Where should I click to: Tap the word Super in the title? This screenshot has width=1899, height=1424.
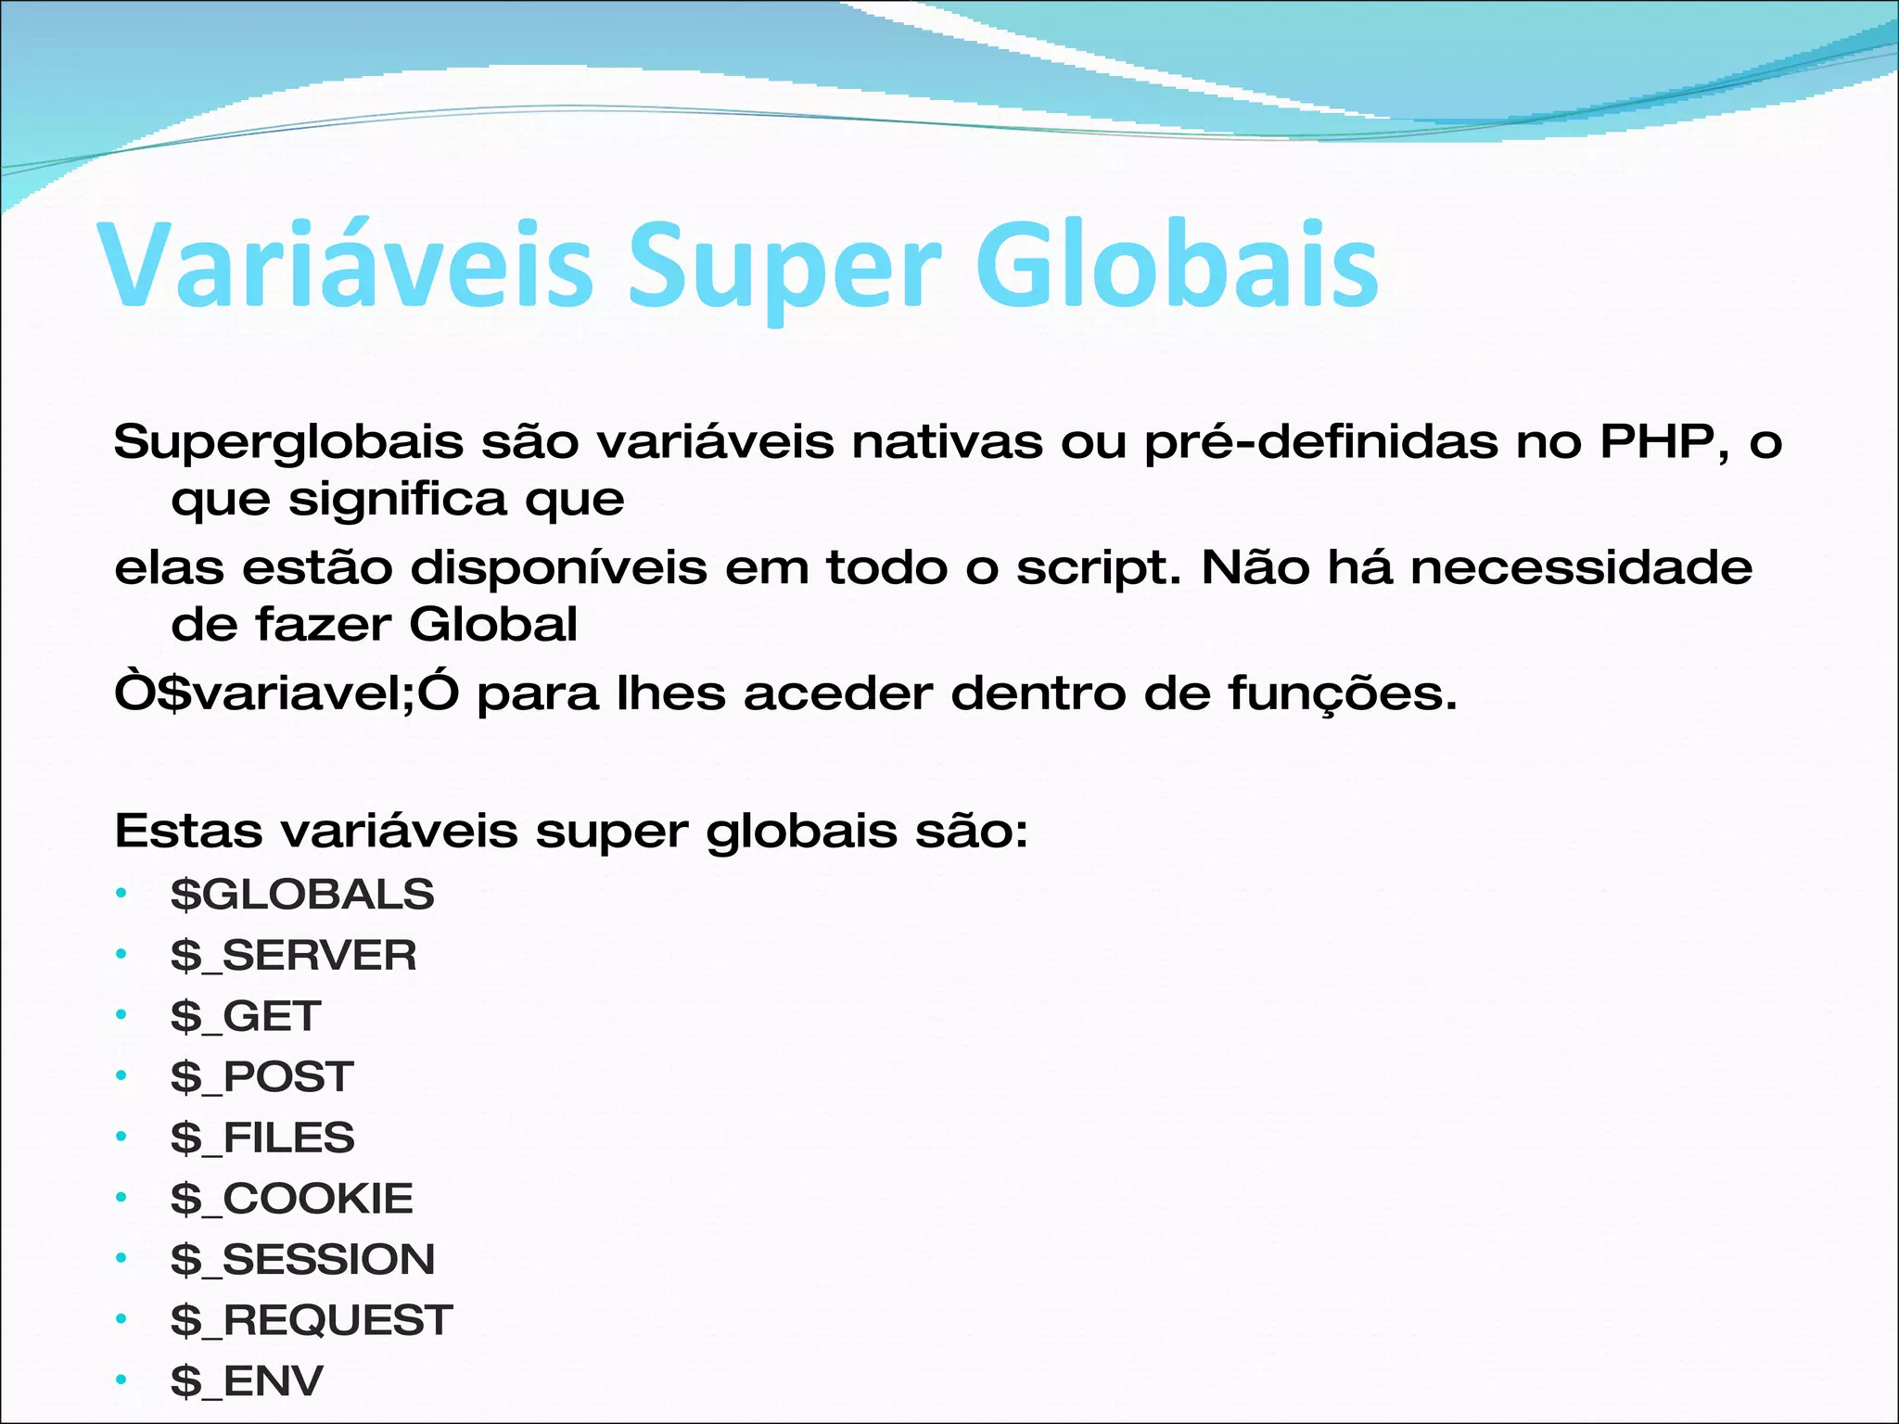click(x=784, y=269)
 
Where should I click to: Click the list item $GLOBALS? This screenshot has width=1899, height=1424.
click(x=302, y=895)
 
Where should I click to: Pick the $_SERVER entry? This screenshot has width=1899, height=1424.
click(x=294, y=956)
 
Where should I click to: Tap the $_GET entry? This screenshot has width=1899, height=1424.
click(x=246, y=1016)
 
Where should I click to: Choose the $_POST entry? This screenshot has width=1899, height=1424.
click(x=262, y=1077)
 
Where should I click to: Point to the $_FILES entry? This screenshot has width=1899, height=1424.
click(x=262, y=1138)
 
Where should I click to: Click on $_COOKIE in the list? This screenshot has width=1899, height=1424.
click(x=291, y=1199)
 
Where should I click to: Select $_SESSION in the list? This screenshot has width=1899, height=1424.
click(x=302, y=1260)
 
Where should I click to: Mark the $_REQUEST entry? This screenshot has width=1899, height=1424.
click(x=312, y=1320)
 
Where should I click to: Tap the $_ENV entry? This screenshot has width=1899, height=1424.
click(x=247, y=1381)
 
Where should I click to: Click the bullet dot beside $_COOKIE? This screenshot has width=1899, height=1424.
click(x=121, y=1198)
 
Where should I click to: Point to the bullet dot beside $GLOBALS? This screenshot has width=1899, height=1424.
click(x=121, y=894)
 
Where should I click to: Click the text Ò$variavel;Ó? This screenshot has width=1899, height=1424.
click(x=287, y=693)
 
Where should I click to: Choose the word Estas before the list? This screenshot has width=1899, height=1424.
click(x=188, y=831)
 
